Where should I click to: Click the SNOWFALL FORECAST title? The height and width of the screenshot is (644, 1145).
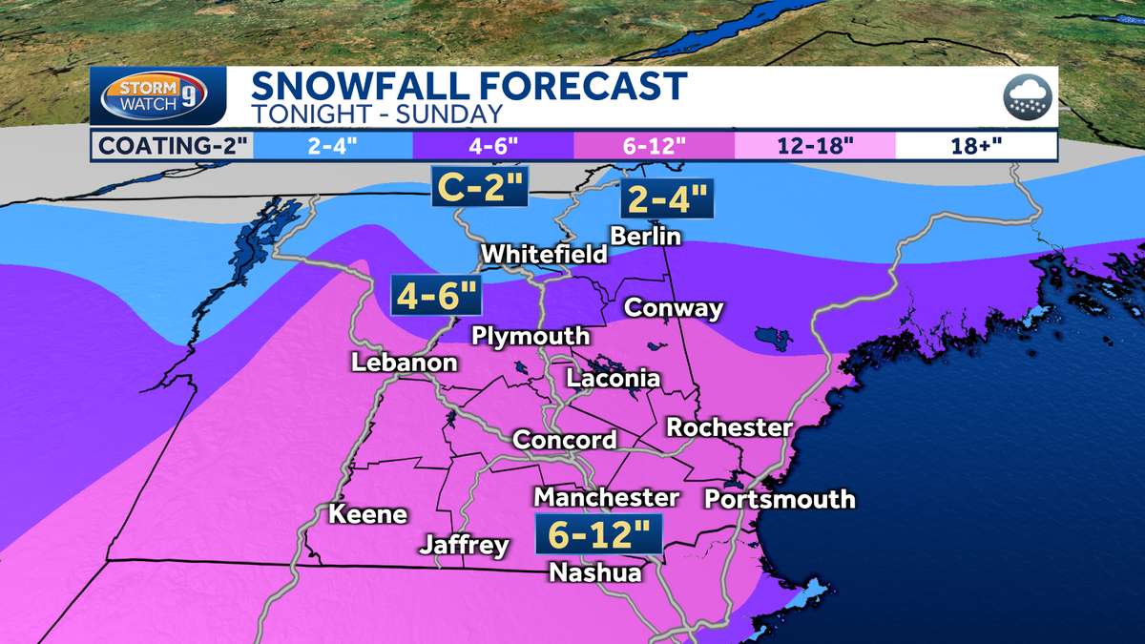[468, 87]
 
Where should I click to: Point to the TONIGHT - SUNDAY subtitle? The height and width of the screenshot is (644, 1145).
[377, 114]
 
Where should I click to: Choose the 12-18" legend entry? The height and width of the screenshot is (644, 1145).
[815, 147]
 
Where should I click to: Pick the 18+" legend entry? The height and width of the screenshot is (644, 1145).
[976, 147]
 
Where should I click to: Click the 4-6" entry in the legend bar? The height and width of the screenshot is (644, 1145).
[492, 147]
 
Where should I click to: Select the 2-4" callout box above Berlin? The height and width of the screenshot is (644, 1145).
[666, 200]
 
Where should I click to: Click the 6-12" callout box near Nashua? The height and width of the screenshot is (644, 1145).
[598, 533]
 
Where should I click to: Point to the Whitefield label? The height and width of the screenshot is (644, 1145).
[544, 255]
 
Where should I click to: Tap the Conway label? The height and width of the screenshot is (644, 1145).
[673, 308]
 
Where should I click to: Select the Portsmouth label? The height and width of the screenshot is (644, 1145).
[779, 499]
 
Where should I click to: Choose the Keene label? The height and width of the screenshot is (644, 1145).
[367, 515]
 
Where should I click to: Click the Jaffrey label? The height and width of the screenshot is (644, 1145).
[465, 546]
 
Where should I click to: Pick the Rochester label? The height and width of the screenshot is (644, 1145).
[729, 426]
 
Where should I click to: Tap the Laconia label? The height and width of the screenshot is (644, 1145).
[613, 379]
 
